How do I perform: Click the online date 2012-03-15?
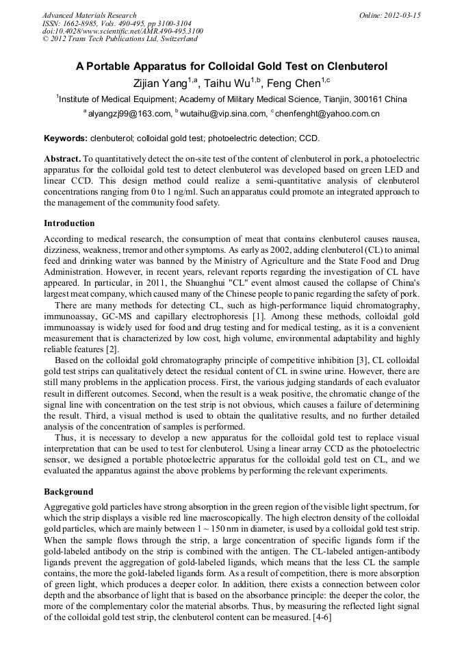coord(403,15)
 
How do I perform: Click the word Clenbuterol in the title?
coord(348,66)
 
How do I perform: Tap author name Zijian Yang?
coord(166,84)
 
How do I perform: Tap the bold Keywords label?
coord(65,138)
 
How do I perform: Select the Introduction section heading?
coord(69,223)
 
